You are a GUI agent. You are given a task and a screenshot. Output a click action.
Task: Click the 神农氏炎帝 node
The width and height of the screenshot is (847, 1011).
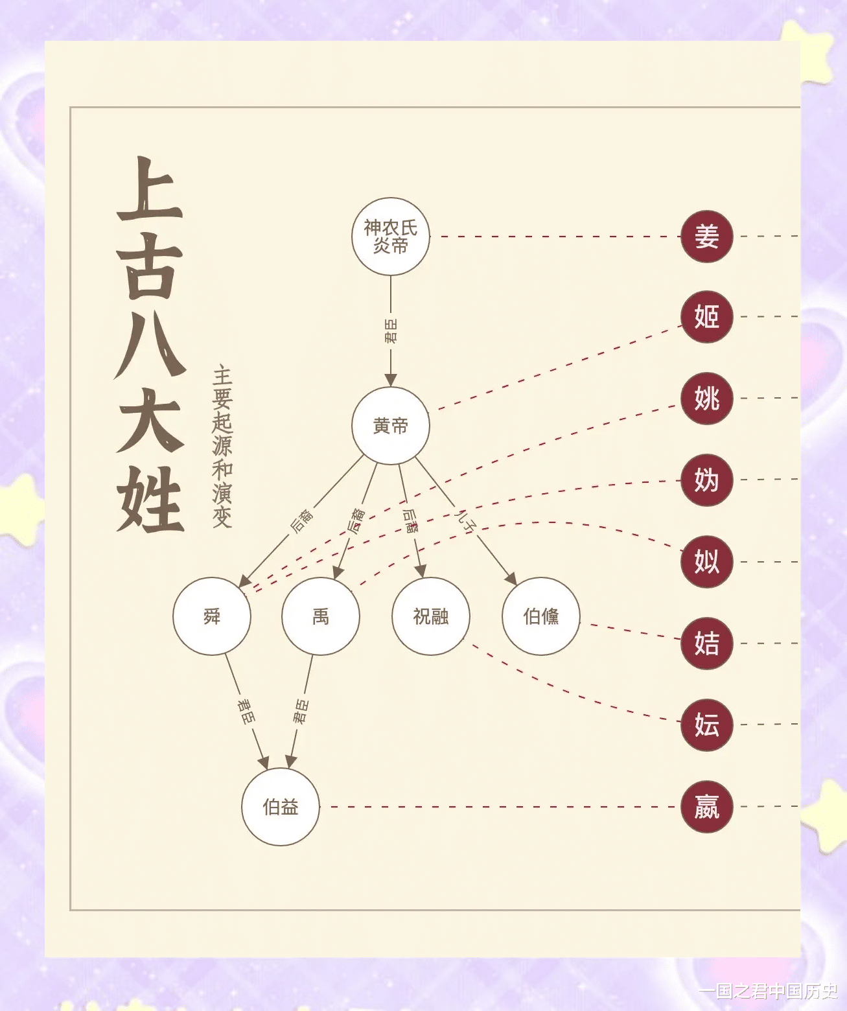pyautogui.click(x=391, y=237)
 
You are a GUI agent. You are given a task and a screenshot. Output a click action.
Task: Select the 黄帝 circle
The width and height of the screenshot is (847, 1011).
pyautogui.click(x=391, y=426)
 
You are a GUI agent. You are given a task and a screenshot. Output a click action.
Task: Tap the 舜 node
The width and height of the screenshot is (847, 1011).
pyautogui.click(x=212, y=616)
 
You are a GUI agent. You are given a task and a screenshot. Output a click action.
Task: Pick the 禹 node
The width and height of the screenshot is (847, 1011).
pyautogui.click(x=321, y=616)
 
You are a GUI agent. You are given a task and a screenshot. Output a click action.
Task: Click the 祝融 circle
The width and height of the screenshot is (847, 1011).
pyautogui.click(x=431, y=616)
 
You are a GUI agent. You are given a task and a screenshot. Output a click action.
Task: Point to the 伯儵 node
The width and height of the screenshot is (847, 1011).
pyautogui.click(x=541, y=616)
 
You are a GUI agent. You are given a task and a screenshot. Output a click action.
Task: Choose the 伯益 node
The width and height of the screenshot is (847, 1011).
pyautogui.click(x=281, y=807)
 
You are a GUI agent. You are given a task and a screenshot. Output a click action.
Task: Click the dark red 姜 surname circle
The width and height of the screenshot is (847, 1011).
pyautogui.click(x=706, y=236)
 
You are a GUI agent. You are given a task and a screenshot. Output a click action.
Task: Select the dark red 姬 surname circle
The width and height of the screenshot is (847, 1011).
pyautogui.click(x=706, y=317)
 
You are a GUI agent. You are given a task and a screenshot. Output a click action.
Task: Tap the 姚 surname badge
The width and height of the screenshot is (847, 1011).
pyautogui.click(x=706, y=398)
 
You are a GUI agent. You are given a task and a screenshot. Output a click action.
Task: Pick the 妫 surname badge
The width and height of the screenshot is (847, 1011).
pyautogui.click(x=706, y=480)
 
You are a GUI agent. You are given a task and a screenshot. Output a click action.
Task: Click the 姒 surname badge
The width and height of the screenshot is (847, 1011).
pyautogui.click(x=706, y=561)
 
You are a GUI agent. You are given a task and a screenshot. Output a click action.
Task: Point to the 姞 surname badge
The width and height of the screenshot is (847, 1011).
pyautogui.click(x=706, y=643)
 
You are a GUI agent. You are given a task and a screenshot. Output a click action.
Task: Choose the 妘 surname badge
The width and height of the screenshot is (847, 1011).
pyautogui.click(x=706, y=725)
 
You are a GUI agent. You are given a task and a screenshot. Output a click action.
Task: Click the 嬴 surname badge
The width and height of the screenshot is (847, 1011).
pyautogui.click(x=706, y=807)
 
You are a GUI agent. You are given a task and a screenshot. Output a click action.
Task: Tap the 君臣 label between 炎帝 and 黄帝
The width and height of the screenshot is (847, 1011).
pyautogui.click(x=391, y=331)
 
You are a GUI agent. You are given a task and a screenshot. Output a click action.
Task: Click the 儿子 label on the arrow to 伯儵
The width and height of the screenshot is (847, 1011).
pyautogui.click(x=467, y=520)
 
